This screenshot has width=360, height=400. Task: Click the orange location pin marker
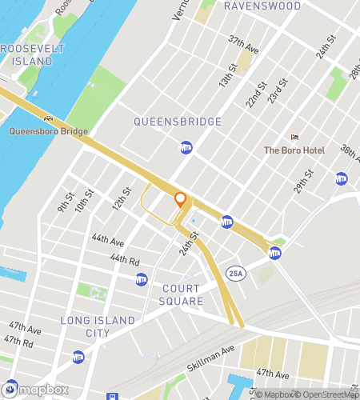[180, 199]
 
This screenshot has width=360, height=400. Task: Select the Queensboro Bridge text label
[48, 131]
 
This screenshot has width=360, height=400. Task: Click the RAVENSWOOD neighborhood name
[262, 6]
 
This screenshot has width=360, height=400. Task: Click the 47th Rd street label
[17, 342]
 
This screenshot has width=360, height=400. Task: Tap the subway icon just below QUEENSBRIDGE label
[186, 148]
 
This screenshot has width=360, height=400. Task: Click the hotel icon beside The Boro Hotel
[294, 137]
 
